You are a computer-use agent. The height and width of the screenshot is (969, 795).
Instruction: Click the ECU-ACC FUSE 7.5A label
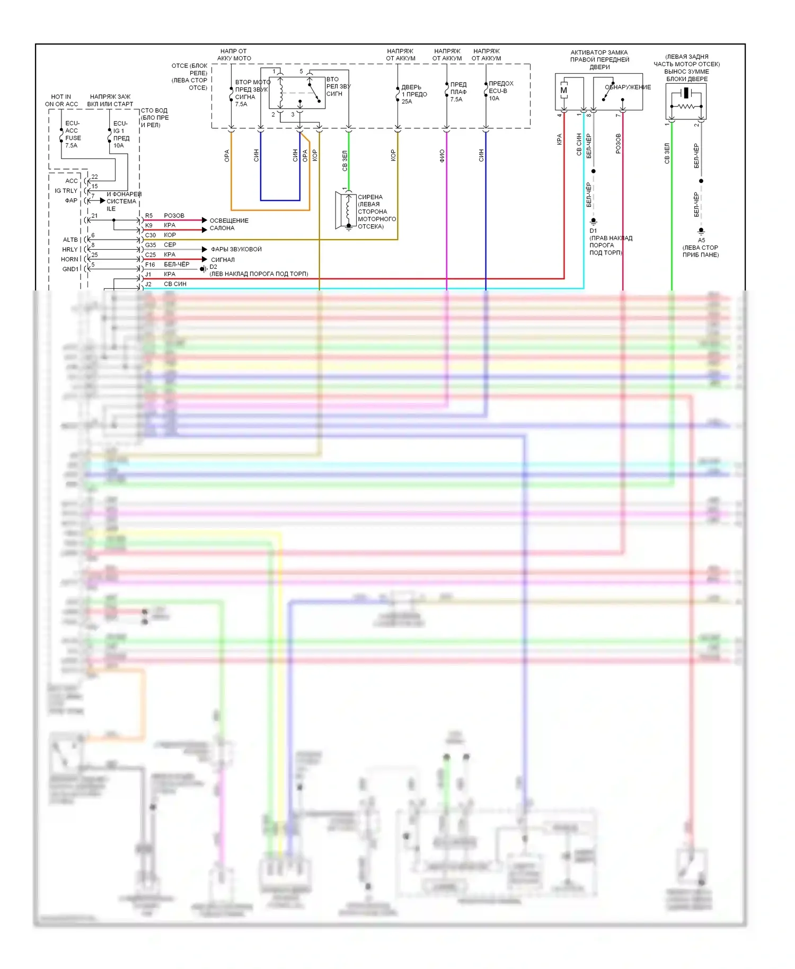pos(72,134)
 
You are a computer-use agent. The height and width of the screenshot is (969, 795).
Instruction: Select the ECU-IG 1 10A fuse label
pos(121,134)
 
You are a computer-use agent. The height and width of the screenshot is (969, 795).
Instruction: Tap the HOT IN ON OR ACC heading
pos(61,100)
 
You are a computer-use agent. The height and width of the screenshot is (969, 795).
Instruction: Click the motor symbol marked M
pos(563,91)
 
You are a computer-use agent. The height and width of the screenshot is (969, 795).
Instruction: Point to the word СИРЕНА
pos(370,197)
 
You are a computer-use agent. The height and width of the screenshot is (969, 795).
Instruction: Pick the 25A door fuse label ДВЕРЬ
pos(411,87)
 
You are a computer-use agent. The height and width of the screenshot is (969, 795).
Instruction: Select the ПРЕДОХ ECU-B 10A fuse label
pos(500,91)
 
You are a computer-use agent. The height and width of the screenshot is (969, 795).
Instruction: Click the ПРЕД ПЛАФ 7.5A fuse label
pos(458,92)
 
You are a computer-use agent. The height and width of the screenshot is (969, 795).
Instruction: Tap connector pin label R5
pos(149,216)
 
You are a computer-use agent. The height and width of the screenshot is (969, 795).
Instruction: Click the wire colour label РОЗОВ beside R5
pos(174,216)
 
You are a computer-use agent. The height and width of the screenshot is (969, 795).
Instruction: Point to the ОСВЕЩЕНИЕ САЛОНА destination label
pos(228,224)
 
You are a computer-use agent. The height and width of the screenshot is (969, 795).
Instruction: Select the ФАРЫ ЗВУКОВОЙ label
pos(236,249)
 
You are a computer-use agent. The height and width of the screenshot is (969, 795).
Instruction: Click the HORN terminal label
pos(69,259)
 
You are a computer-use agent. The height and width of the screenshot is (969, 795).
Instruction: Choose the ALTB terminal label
pos(70,240)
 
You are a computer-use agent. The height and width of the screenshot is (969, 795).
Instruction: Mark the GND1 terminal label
pos(70,269)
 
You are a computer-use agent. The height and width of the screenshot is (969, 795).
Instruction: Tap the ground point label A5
pos(701,240)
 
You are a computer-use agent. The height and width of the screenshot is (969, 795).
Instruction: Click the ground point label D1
pos(593,231)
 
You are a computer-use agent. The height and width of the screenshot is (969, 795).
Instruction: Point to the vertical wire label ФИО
pos(442,155)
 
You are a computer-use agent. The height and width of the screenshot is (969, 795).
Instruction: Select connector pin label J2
pos(148,284)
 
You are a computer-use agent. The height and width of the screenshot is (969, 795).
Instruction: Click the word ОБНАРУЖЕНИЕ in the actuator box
pos(629,87)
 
